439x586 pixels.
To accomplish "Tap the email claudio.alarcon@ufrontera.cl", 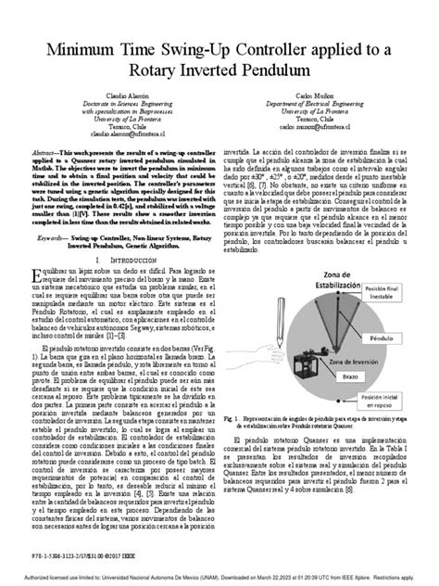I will (118, 158).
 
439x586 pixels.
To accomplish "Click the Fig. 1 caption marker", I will (232, 445).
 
